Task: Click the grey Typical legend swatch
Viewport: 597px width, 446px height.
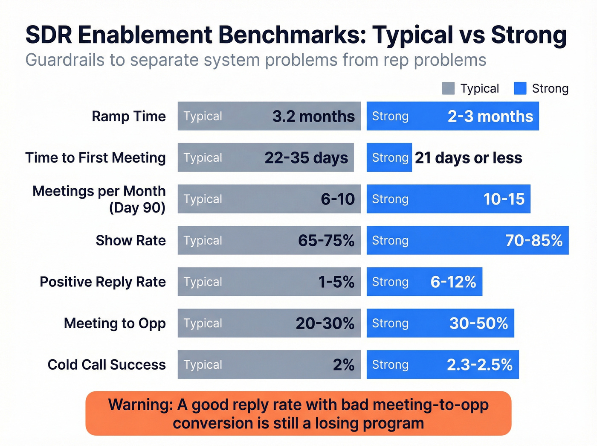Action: click(448, 88)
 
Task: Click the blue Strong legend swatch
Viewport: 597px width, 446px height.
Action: click(520, 88)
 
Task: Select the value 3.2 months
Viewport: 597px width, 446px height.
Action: click(313, 117)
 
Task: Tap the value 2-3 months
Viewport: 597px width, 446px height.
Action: click(490, 117)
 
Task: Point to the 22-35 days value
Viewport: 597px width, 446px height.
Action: click(306, 158)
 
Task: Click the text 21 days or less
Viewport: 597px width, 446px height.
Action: click(468, 158)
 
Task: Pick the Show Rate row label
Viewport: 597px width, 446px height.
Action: click(130, 241)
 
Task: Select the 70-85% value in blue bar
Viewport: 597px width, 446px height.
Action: click(533, 241)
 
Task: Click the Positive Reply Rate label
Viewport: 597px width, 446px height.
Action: click(103, 282)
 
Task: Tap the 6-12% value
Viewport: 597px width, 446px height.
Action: click(453, 282)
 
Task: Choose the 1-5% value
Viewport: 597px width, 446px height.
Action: click(336, 282)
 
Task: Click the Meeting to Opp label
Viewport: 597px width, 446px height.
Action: click(115, 324)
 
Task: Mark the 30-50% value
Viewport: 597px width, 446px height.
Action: click(478, 324)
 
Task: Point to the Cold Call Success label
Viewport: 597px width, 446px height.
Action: click(107, 365)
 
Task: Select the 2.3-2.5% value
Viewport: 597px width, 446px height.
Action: click(479, 365)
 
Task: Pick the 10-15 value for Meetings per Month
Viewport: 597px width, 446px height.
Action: click(504, 199)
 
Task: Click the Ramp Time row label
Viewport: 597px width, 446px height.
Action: click(129, 117)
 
